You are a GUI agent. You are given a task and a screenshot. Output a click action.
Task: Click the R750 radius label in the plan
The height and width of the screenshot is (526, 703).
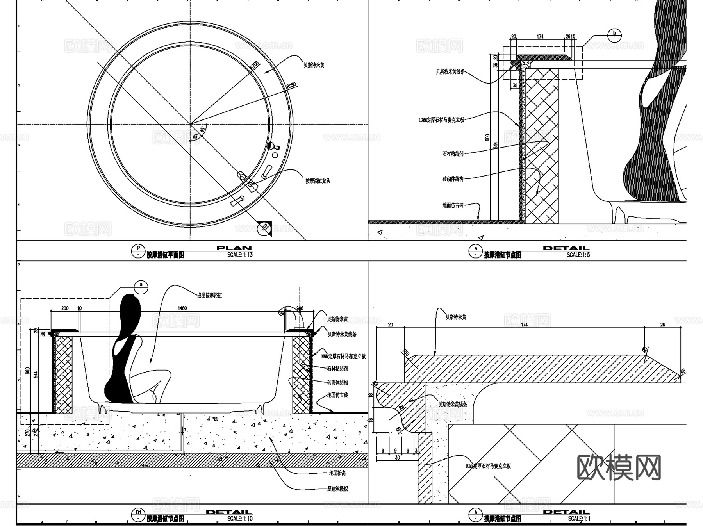pos(255,65)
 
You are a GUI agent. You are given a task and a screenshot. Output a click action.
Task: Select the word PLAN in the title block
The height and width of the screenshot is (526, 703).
pos(234,248)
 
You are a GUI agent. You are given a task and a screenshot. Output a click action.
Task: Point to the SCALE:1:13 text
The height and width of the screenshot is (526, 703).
pos(240,255)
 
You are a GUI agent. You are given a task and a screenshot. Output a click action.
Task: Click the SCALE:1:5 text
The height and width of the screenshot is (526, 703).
pos(578,255)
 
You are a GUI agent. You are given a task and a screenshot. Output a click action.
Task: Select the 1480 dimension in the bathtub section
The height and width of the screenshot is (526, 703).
pos(182,308)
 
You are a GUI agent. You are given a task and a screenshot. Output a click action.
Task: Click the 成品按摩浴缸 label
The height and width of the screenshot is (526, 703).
pos(209,296)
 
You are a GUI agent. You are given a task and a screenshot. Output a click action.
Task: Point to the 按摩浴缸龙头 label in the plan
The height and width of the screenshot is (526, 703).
pos(318,181)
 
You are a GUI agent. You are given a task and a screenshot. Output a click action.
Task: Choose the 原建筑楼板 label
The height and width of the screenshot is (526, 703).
pos(337,489)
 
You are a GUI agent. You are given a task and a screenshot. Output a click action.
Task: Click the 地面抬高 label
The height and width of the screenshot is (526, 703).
pos(337,473)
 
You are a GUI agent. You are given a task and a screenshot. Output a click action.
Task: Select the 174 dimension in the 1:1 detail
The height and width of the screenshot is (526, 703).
pos(524,325)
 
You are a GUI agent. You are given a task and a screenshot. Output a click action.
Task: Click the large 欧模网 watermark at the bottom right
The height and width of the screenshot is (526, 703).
pos(619,467)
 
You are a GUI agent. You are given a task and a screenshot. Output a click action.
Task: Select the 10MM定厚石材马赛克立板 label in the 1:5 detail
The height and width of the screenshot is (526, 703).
pos(441,120)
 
